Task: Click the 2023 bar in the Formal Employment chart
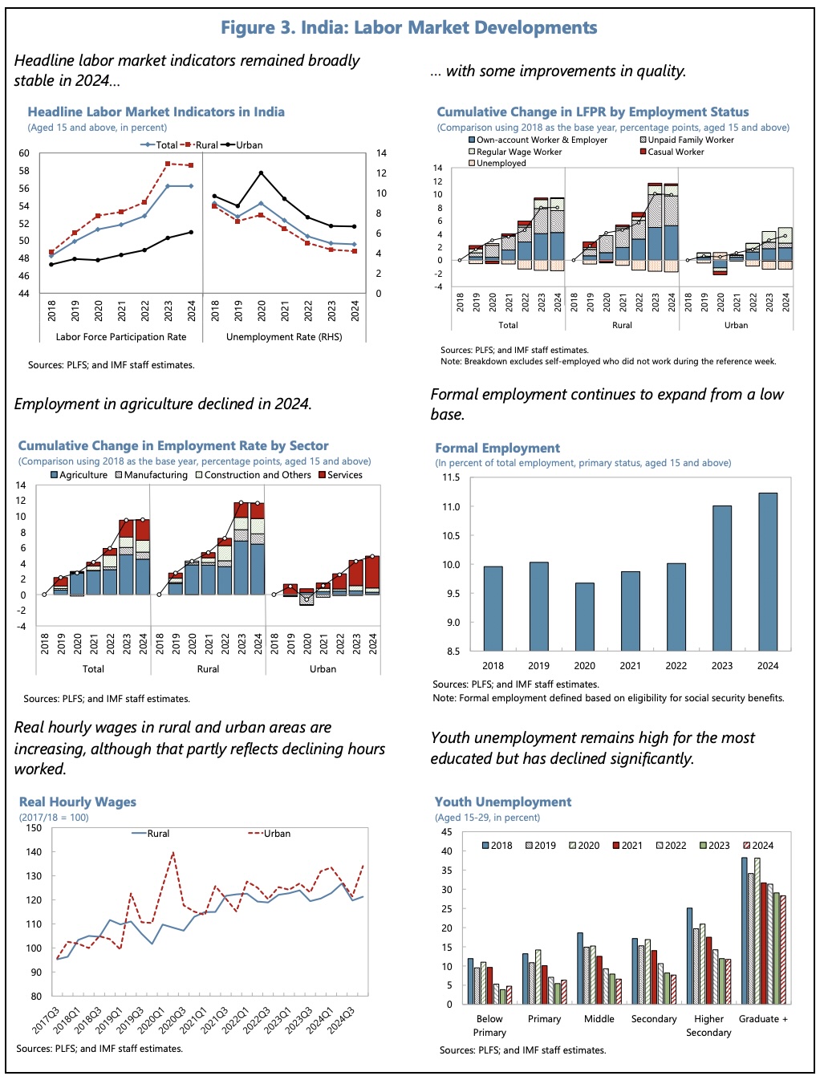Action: [721, 578]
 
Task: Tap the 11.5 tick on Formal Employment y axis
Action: [451, 477]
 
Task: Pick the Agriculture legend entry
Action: [79, 475]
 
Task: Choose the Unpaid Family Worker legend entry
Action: [686, 140]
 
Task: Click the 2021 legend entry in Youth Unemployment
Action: [627, 846]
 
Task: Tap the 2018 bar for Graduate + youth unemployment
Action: [745, 931]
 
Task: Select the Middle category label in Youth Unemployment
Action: [599, 1019]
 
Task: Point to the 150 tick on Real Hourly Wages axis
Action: [34, 828]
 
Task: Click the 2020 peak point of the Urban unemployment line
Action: [261, 173]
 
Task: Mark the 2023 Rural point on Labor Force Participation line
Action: [168, 164]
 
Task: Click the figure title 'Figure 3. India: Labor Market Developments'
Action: [409, 28]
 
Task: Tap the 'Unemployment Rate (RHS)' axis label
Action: [284, 337]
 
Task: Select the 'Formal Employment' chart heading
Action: [497, 449]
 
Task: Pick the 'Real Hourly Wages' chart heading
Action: [78, 802]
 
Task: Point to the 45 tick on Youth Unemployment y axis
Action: [446, 832]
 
